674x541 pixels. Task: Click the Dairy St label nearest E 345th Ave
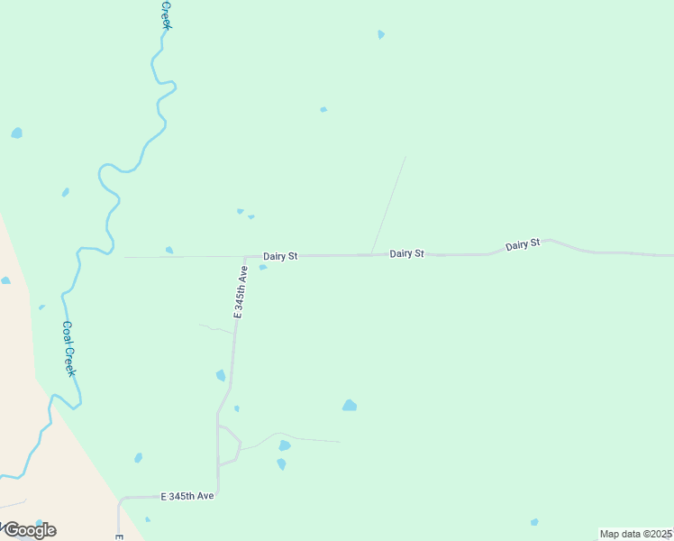click(x=280, y=257)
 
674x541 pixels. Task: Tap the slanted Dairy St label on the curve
click(x=523, y=244)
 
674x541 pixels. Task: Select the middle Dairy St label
click(x=406, y=254)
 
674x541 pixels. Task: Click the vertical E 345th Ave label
click(x=241, y=291)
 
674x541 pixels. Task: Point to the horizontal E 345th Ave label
click(x=187, y=497)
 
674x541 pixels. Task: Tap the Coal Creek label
click(x=68, y=349)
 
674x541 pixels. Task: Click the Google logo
click(x=30, y=530)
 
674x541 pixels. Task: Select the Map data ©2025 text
click(x=636, y=534)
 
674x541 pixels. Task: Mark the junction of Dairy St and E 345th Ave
click(x=245, y=257)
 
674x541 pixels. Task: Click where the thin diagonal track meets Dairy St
click(x=371, y=254)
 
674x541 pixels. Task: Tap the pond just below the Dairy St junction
click(x=262, y=267)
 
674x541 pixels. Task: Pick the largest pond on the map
click(x=350, y=406)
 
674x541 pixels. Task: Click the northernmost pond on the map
click(x=381, y=34)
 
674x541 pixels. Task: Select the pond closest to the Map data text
click(x=534, y=522)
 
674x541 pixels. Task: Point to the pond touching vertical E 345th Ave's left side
click(x=221, y=375)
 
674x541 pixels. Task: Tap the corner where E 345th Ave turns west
click(x=218, y=495)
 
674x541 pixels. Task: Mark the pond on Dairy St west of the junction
click(x=169, y=250)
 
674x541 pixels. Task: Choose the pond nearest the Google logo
click(x=148, y=519)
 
